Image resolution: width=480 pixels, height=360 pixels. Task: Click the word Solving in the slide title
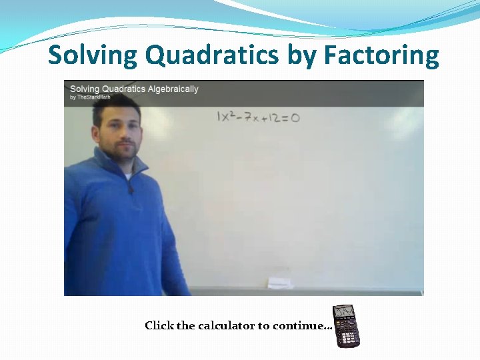(x=93, y=55)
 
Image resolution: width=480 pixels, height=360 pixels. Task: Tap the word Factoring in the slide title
(x=381, y=55)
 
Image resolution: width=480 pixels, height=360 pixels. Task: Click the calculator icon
(x=345, y=325)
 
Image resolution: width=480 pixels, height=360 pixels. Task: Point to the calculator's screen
(x=345, y=312)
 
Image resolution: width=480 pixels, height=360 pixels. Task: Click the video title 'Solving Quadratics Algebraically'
(x=134, y=89)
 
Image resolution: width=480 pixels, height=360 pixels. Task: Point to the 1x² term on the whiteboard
(x=227, y=117)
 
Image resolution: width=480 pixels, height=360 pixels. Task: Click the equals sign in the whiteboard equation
(x=286, y=118)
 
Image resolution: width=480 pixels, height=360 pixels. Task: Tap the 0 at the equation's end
(x=295, y=118)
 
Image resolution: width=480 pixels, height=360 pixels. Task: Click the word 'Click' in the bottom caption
(x=159, y=325)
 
